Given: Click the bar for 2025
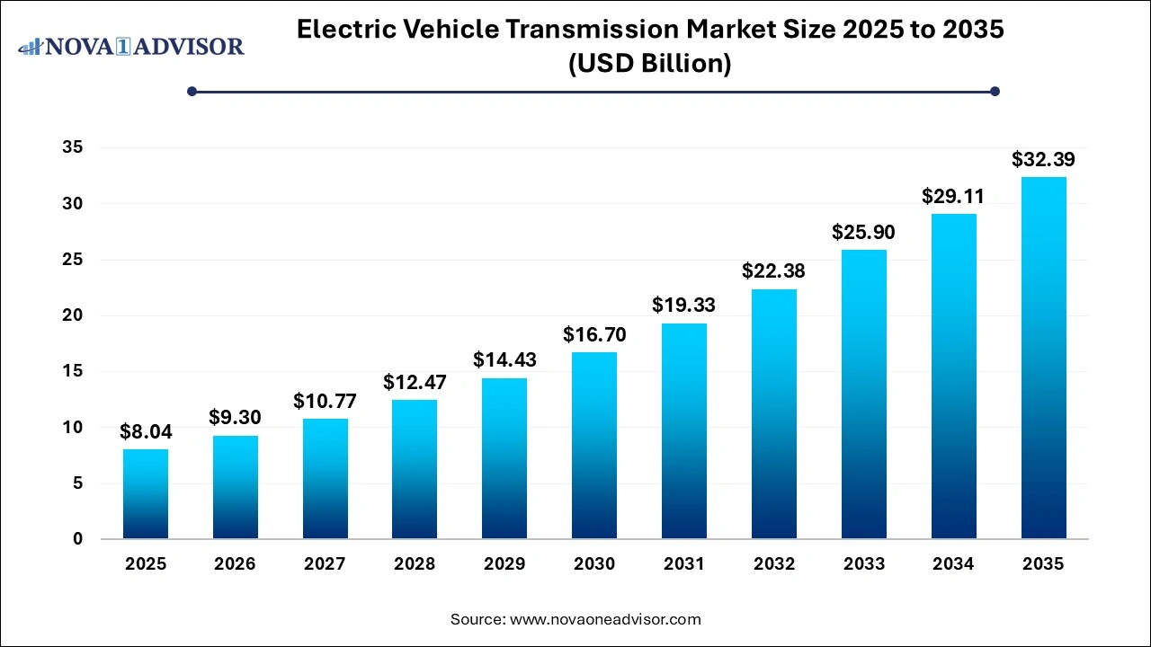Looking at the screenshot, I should pos(146,494).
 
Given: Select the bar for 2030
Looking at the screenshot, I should pos(594,446).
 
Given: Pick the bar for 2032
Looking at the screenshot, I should pos(774,413).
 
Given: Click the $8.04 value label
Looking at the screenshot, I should pos(146,432).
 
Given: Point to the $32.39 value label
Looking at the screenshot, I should pos(1043,160).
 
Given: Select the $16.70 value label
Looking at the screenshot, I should pos(594,335).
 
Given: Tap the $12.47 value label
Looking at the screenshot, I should pos(415,382).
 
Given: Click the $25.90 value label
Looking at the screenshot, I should pos(864,233).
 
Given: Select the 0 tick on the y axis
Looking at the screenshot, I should pos(78,539).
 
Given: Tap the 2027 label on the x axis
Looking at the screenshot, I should pos(325,564).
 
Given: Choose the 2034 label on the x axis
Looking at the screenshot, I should pos(953,564).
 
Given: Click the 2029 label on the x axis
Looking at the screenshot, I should pos(504,564).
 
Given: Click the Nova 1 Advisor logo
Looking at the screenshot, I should pos(131,46).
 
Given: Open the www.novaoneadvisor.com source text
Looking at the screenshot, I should pos(605,619).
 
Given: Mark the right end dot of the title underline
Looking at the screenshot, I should pos(995,91).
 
